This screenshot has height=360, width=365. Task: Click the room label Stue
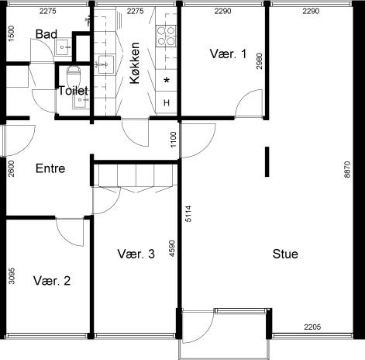pyautogui.click(x=285, y=254)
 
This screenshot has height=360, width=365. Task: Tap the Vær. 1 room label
pyautogui.click(x=228, y=54)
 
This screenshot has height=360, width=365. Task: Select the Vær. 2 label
pyautogui.click(x=52, y=281)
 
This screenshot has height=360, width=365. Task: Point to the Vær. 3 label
pyautogui.click(x=136, y=254)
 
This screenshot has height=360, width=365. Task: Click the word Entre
pyautogui.click(x=50, y=168)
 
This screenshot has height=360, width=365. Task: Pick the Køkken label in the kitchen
pyautogui.click(x=135, y=63)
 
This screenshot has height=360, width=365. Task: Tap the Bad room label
pyautogui.click(x=46, y=34)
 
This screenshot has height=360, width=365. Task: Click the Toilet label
pyautogui.click(x=74, y=91)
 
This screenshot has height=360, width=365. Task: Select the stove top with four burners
pyautogui.click(x=166, y=36)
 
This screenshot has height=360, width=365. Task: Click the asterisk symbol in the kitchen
pyautogui.click(x=167, y=81)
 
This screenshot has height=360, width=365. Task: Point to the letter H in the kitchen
pyautogui.click(x=167, y=102)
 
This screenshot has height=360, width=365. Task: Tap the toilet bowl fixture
pyautogui.click(x=74, y=74)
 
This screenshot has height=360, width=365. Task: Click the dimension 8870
pyautogui.click(x=348, y=169)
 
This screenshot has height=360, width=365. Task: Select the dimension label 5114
pyautogui.click(x=188, y=214)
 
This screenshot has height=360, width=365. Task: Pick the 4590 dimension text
pyautogui.click(x=172, y=249)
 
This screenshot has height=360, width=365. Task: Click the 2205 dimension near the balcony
pyautogui.click(x=312, y=327)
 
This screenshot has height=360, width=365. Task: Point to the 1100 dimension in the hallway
pyautogui.click(x=174, y=140)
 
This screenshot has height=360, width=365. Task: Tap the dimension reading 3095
pyautogui.click(x=12, y=276)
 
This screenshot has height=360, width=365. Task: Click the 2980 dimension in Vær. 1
pyautogui.click(x=260, y=61)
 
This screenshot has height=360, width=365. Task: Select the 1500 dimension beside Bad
pyautogui.click(x=12, y=33)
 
